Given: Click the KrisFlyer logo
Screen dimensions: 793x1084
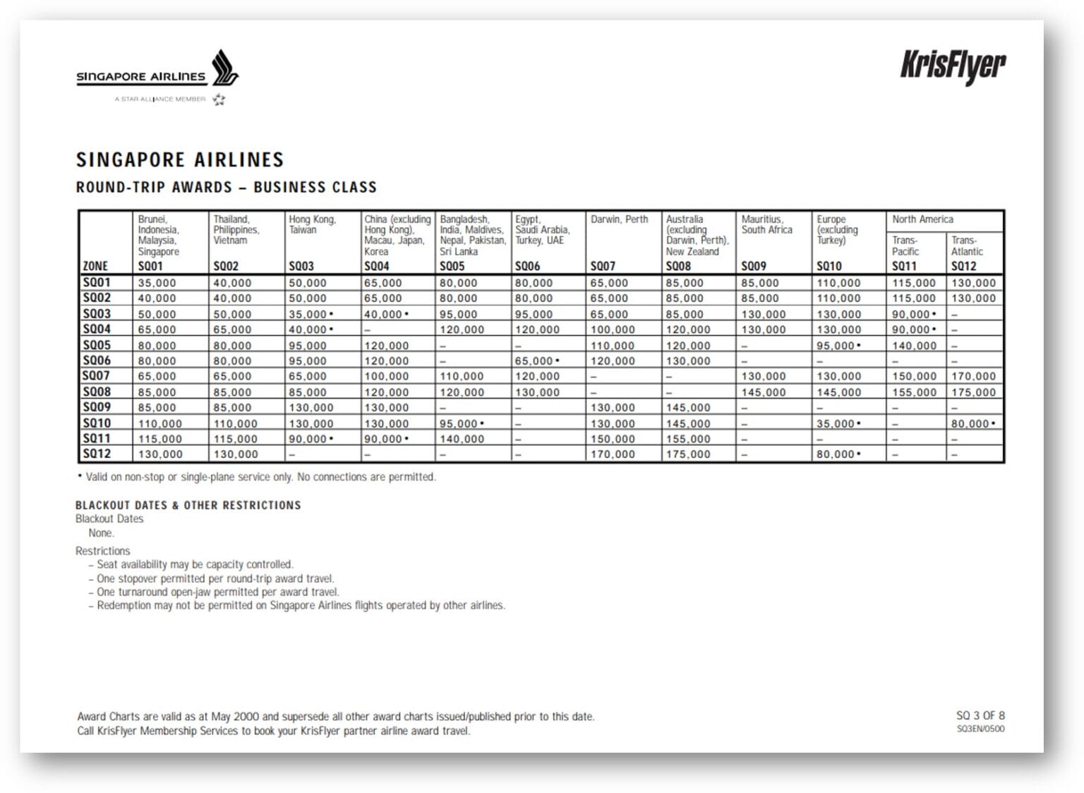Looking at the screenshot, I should click(x=952, y=67).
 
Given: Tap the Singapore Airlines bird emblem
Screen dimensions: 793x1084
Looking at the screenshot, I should click(x=224, y=68).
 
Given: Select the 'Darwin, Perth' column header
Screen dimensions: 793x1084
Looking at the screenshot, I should click(x=619, y=219).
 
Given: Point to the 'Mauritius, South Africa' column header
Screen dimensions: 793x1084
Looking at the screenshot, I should click(x=766, y=224).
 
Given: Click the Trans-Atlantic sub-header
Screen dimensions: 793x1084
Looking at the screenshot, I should click(x=966, y=246).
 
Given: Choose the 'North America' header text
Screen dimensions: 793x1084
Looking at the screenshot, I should click(x=922, y=219).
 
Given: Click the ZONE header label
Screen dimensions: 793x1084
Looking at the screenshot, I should click(x=95, y=266).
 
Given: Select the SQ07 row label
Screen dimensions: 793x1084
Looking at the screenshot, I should click(x=96, y=376).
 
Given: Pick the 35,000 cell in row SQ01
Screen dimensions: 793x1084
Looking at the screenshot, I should click(x=157, y=283).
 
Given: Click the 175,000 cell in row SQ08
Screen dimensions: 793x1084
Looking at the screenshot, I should click(x=973, y=392).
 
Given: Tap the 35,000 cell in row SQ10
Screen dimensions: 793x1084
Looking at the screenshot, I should click(x=838, y=423).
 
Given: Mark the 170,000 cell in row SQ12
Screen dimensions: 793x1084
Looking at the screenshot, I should click(x=613, y=454).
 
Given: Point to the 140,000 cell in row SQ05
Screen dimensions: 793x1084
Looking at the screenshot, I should click(x=914, y=346).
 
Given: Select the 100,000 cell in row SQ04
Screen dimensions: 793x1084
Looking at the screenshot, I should click(x=613, y=329).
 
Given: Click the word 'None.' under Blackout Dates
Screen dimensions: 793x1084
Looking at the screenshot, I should click(x=101, y=533).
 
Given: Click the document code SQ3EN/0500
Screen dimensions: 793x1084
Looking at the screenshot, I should click(x=980, y=729).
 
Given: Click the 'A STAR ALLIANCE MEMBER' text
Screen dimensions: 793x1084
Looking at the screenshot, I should click(x=160, y=99).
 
